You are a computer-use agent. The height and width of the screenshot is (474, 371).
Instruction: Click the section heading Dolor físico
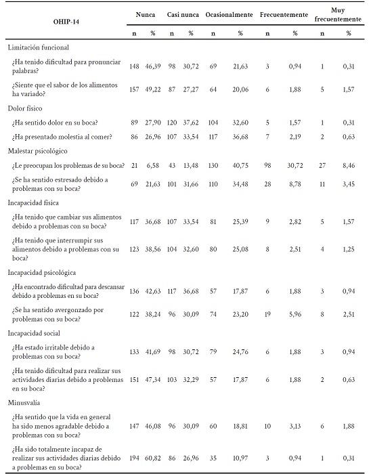click(26, 108)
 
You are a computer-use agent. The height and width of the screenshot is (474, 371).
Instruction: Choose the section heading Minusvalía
click(25, 402)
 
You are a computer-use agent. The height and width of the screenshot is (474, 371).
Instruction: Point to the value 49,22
click(154, 90)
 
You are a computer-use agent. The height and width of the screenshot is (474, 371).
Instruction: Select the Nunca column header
click(144, 14)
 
